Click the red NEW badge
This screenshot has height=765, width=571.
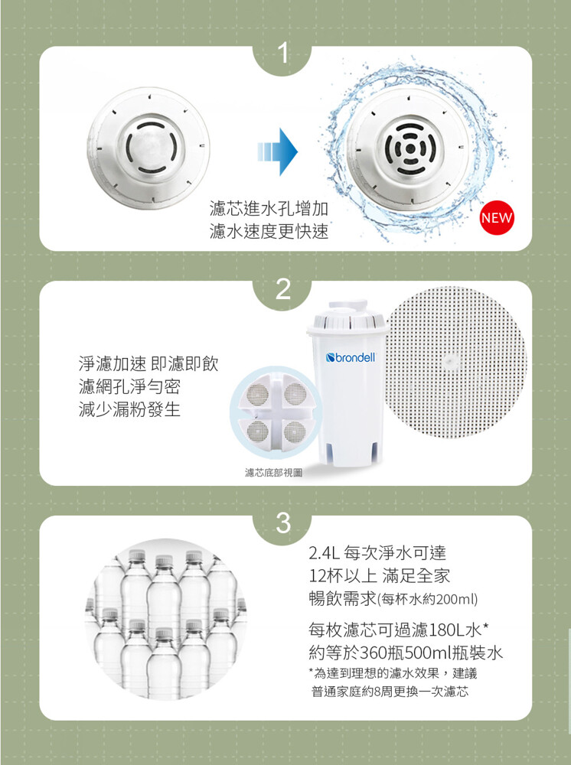point(497,217)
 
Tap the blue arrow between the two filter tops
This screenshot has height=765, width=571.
point(277,151)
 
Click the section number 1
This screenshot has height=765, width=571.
point(282,54)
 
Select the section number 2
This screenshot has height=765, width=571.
point(282,289)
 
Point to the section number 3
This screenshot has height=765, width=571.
point(283,523)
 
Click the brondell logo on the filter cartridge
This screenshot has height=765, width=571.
point(351,357)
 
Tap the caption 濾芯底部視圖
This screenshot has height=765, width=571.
point(273,472)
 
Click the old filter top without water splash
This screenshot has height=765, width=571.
point(148,148)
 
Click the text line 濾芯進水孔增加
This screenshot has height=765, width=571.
point(269,209)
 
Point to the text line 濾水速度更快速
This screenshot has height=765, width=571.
point(269,231)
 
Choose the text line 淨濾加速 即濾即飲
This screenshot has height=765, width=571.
point(148,363)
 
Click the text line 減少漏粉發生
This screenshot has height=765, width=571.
point(129,409)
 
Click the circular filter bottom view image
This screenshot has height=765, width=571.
point(276,412)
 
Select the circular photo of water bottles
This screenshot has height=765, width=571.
point(166,619)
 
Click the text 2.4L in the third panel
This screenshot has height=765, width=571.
point(324,553)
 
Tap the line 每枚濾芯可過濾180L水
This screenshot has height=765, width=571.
point(395,630)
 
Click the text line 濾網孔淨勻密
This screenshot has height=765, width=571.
point(129,386)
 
